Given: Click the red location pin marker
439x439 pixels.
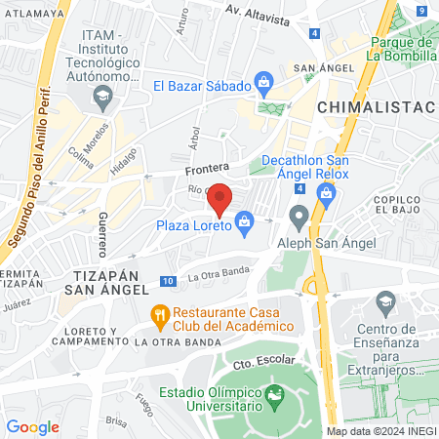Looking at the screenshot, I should coord(220,198).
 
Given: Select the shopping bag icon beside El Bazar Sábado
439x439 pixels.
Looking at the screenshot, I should coord(262,84).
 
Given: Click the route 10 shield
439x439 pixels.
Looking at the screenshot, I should coord(169,281).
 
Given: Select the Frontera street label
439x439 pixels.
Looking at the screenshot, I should coord(207,168).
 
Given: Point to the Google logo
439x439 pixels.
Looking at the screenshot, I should coord(32,426).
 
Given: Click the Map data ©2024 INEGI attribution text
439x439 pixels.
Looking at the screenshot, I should coord(379,431).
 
